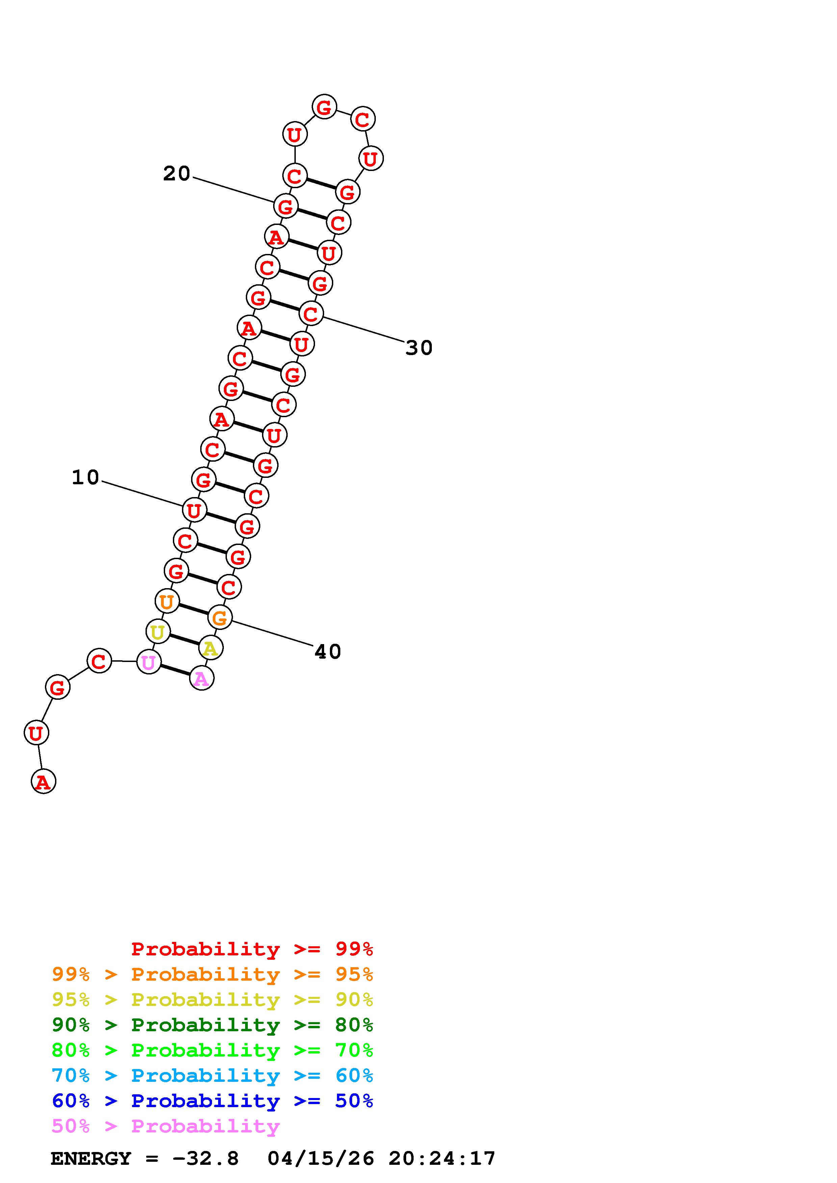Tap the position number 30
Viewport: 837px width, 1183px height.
coord(419,348)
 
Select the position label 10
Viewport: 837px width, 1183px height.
coord(85,478)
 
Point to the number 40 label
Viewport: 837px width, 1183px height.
coord(328,652)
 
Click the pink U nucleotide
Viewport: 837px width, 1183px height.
coord(149,662)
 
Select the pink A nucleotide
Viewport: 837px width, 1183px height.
coord(202,678)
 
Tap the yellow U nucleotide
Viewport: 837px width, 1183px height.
coord(158,632)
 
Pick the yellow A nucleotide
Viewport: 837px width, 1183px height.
coord(210,648)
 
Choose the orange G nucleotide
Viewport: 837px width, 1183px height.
coord(220,617)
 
